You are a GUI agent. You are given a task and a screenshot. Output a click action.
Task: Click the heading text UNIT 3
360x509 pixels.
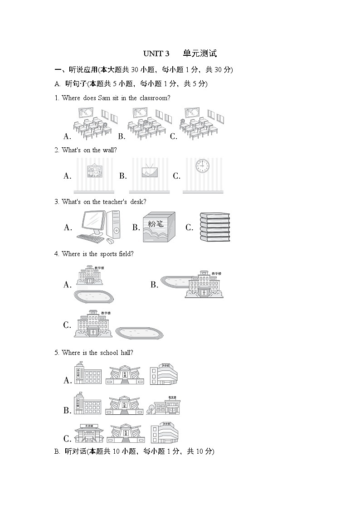coord(156,53)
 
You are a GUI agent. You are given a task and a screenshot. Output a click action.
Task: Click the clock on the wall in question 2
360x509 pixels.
coord(202,166)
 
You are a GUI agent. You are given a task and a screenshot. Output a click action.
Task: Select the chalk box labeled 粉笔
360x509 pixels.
coord(159,228)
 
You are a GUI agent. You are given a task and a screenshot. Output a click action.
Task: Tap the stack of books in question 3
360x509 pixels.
coord(215,228)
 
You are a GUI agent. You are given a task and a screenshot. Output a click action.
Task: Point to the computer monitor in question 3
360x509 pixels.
coord(94,223)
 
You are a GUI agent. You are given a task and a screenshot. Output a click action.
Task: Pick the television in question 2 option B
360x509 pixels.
coord(149,171)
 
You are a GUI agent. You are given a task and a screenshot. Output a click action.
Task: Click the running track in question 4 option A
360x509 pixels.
coord(93,296)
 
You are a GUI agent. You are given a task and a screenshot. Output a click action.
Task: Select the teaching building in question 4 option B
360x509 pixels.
coord(204,285)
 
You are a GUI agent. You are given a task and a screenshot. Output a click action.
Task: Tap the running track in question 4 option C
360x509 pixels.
coord(139,333)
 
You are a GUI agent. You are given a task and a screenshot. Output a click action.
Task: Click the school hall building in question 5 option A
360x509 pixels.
coord(124,375)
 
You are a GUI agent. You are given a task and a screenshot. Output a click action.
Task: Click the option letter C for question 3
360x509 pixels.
coord(189,228)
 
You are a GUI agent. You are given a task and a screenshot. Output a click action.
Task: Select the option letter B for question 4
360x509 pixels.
coord(154,285)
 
